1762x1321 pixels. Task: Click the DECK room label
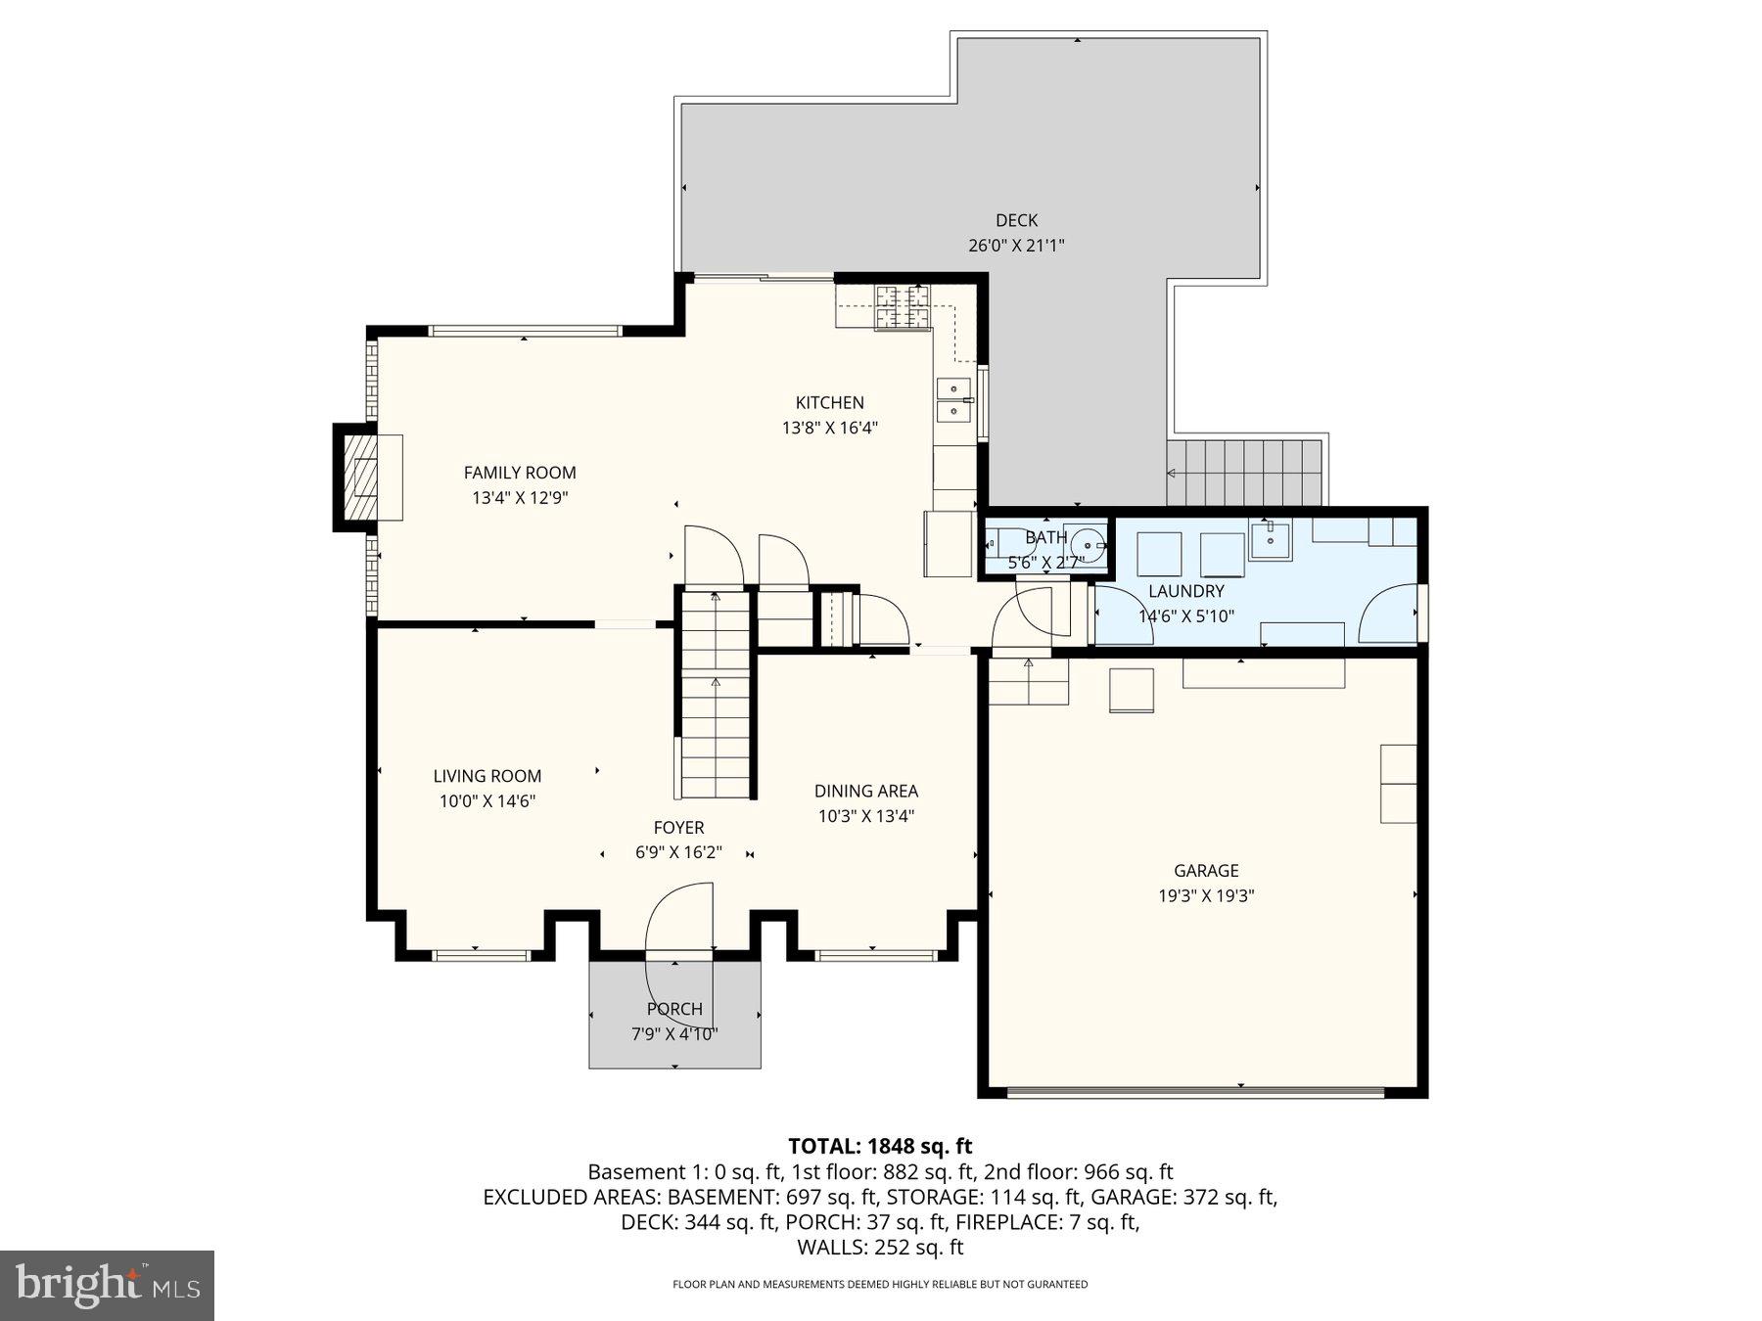(x=1016, y=221)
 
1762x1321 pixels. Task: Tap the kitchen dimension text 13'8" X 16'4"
(x=829, y=428)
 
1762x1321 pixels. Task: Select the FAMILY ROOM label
(x=520, y=473)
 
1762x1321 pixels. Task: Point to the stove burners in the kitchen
(x=902, y=306)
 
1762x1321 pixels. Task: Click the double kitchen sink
(x=953, y=399)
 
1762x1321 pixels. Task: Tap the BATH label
(x=1045, y=537)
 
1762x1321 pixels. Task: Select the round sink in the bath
(x=1087, y=546)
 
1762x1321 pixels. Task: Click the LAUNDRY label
(x=1185, y=591)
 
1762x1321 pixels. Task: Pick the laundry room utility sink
(x=1271, y=540)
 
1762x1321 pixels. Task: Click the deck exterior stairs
(x=1243, y=473)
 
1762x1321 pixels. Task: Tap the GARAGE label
(x=1206, y=870)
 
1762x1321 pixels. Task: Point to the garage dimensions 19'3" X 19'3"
(x=1206, y=895)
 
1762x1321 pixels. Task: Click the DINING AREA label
(x=865, y=791)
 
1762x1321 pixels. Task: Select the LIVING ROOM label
(x=487, y=776)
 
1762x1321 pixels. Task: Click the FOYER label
(x=678, y=828)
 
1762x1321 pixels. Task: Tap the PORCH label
(x=674, y=1009)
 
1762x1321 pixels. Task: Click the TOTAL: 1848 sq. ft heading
(x=880, y=1146)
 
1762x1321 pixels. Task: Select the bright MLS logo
(x=107, y=1285)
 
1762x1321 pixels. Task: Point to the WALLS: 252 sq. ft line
(x=880, y=1248)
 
